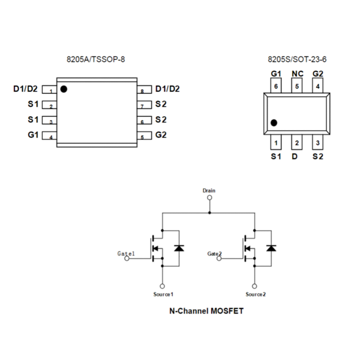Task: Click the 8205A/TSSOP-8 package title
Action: pyautogui.click(x=96, y=59)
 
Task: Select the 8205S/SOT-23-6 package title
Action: pyautogui.click(x=297, y=59)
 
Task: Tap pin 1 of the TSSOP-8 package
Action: pyautogui.click(x=49, y=90)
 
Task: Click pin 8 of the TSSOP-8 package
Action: pyautogui.click(x=144, y=90)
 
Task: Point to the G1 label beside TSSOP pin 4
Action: pyautogui.click(x=33, y=135)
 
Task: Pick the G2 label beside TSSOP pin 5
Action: pyautogui.click(x=161, y=135)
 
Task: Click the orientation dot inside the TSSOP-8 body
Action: pyautogui.click(x=63, y=89)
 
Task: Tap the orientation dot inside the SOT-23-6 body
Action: pyautogui.click(x=274, y=123)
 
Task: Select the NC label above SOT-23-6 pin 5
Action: pyautogui.click(x=297, y=74)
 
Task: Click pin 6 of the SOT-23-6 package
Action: pyautogui.click(x=276, y=85)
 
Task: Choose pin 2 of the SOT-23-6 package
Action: pyautogui.click(x=297, y=142)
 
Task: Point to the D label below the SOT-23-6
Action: pyautogui.click(x=295, y=156)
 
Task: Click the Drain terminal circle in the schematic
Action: pyautogui.click(x=210, y=198)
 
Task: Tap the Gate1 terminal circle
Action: pyautogui.click(x=127, y=258)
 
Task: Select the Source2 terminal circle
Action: pyautogui.click(x=254, y=286)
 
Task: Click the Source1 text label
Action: pyautogui.click(x=163, y=294)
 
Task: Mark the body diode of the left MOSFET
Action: pyautogui.click(x=179, y=248)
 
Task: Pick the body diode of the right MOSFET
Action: pyautogui.click(x=271, y=248)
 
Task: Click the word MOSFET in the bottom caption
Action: pyautogui.click(x=227, y=311)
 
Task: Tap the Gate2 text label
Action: pyautogui.click(x=215, y=254)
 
